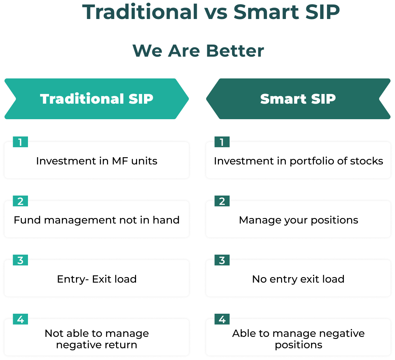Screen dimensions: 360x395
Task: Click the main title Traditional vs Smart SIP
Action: click(211, 12)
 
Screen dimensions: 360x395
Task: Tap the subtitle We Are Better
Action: click(198, 51)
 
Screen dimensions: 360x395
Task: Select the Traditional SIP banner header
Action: click(97, 99)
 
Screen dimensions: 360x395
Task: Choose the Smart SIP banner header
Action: click(298, 99)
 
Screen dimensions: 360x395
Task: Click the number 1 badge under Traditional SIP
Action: click(20, 142)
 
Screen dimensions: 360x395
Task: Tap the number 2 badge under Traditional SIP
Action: click(20, 201)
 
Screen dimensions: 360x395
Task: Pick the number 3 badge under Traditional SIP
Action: click(20, 260)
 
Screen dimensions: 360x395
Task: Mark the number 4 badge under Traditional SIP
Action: click(20, 319)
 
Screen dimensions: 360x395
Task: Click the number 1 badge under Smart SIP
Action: click(222, 142)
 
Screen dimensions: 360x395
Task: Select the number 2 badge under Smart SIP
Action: click(222, 201)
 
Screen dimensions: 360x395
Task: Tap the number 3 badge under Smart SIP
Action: click(222, 260)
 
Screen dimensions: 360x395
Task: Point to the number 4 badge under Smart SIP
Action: click(222, 319)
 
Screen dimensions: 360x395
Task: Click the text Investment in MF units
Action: click(97, 161)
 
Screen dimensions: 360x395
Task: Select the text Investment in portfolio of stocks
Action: click(298, 161)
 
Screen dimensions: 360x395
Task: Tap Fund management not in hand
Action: click(97, 220)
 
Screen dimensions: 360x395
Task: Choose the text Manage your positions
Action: click(298, 220)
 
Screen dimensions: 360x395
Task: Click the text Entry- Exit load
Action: click(97, 279)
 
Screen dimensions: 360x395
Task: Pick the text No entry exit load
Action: click(298, 279)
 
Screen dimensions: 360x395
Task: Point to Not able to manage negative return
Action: click(97, 339)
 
